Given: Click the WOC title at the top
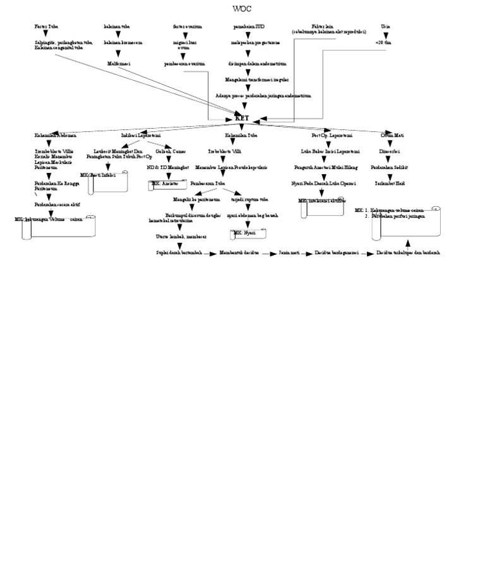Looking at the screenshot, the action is click(x=242, y=9).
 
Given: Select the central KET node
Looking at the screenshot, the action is click(x=242, y=118).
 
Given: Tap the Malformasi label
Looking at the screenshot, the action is click(x=118, y=64).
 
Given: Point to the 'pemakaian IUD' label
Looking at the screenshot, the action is click(x=249, y=26).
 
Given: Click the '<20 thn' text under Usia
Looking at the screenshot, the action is click(x=383, y=42).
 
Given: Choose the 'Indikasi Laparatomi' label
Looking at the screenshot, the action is click(x=141, y=135).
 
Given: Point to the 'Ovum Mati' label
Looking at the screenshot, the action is click(x=392, y=135).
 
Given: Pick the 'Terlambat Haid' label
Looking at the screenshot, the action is click(x=390, y=184).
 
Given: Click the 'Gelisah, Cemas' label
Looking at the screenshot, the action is click(x=171, y=151).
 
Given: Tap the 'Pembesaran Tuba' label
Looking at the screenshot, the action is click(x=208, y=184).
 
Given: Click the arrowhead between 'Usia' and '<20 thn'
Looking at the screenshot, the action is click(x=386, y=35).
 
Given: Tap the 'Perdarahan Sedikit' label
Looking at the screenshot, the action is click(x=389, y=168).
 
